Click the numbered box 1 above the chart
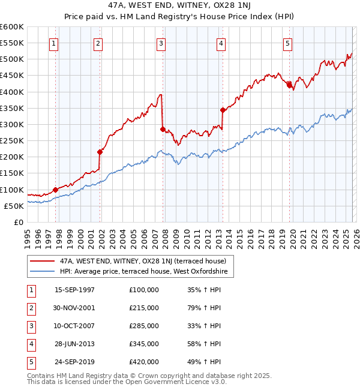coord(54,43)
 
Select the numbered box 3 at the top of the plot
coord(161,43)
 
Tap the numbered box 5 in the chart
coord(288,43)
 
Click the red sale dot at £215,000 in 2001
coord(100,152)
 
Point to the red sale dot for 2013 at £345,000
coord(223,110)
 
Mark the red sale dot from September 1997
coord(56,190)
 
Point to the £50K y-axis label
coord(14,206)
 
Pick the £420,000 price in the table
coord(144,362)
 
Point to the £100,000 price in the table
coord(144,290)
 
